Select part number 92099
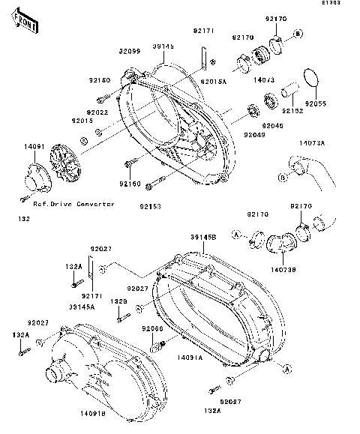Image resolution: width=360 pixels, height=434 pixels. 129,51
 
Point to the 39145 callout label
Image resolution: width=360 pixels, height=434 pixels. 163,46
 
